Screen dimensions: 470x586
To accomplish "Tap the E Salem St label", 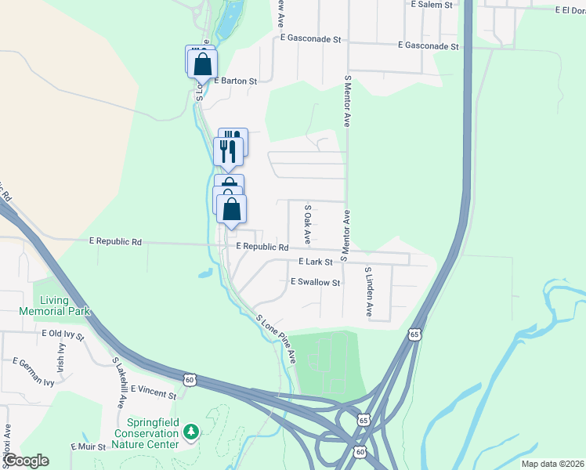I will [432, 5].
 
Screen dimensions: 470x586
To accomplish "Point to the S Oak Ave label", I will [308, 223].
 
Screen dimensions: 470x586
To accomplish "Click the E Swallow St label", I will [315, 282].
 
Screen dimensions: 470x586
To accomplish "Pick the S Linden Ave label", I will [367, 291].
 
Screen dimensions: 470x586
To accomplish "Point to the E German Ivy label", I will [33, 361].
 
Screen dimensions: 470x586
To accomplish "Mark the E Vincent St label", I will [154, 389].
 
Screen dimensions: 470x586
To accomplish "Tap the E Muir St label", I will [87, 446].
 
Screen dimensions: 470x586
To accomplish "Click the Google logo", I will [25, 461].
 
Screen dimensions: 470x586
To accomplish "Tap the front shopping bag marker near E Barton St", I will [203, 63].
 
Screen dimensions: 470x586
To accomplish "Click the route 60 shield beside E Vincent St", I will [190, 380].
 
